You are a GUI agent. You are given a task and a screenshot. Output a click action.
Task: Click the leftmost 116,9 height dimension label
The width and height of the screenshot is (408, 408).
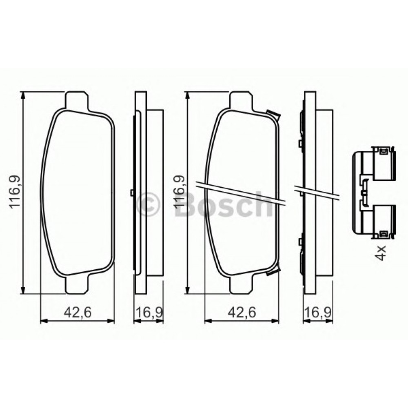[x=15, y=191]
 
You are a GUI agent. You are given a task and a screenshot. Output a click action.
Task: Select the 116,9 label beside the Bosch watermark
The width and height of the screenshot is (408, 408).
[x=179, y=191]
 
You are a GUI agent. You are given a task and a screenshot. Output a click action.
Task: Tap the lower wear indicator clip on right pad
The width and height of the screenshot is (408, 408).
[x=272, y=273]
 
